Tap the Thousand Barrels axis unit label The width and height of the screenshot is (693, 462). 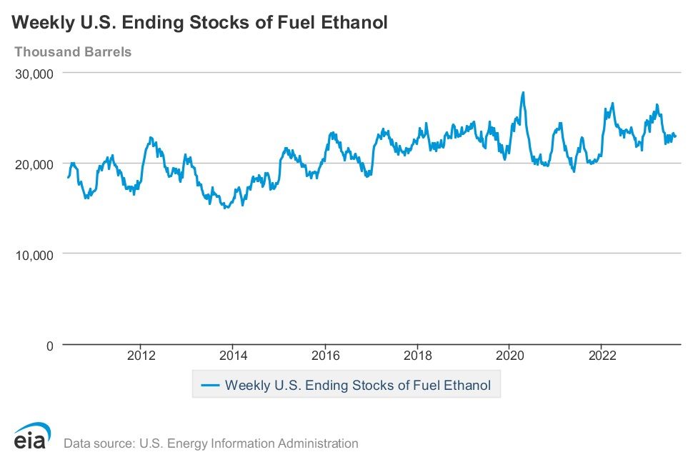point(73,51)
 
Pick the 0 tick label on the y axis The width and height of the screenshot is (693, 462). point(49,346)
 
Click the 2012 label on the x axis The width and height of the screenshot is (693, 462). point(141,356)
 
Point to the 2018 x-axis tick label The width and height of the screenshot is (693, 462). point(418,356)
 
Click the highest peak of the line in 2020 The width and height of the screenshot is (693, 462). point(523,92)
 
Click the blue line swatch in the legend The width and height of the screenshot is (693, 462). point(210,386)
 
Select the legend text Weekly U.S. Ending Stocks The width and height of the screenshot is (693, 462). point(313,386)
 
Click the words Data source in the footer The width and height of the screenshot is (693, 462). point(98,443)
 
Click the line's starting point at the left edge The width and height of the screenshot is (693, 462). point(68,177)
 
